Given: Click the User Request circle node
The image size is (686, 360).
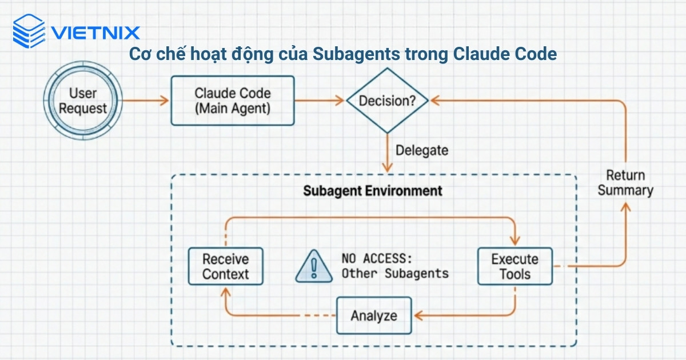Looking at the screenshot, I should pos(83,101).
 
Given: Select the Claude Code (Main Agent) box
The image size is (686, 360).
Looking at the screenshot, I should pos(232,101).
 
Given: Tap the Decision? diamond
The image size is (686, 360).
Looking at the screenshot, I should pos(387,101).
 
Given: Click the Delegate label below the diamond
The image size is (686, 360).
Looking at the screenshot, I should pos(422,151).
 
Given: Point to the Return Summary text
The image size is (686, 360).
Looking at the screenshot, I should pos(625,183).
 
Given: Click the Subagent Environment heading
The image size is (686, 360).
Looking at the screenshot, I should pos(372,191).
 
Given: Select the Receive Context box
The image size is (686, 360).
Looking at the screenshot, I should pos(226,266).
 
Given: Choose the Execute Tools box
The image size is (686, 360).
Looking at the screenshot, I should pos(515,266).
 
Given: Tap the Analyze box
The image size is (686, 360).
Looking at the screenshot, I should pos(373,315).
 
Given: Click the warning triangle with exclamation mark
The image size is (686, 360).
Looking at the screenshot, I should pos(314,267).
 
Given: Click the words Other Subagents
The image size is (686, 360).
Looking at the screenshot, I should pos(395,274).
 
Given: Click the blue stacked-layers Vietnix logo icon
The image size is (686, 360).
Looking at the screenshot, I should pos(29,31).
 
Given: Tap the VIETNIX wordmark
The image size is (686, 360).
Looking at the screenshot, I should pos(95,33).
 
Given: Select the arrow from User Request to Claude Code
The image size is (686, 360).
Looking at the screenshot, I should pos(146,101).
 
